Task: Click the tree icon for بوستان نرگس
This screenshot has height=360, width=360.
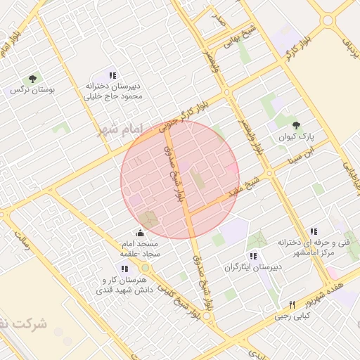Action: point(32,79)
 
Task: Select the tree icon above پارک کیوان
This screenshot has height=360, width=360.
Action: point(295,124)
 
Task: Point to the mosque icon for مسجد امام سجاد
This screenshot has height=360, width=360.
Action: point(140,233)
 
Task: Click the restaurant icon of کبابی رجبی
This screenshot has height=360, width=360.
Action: point(292,304)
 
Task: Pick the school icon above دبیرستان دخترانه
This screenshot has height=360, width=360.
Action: point(112,75)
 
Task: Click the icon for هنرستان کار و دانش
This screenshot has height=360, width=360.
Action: point(124,269)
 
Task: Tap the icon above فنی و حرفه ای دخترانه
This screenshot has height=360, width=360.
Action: point(314,231)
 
